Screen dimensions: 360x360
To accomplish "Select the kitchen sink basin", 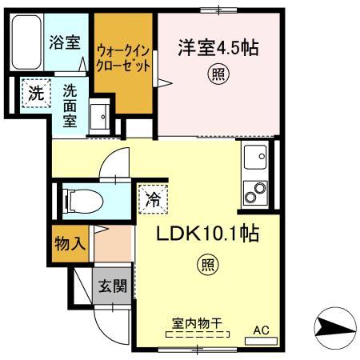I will pyautogui.click(x=255, y=158).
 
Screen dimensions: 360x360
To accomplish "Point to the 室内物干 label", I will pyautogui.click(x=197, y=324).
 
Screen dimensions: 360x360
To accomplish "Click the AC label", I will pyautogui.click(x=261, y=329).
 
